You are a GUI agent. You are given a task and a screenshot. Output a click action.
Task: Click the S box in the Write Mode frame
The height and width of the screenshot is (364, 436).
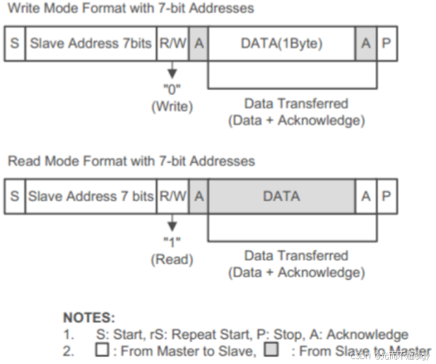click(15, 43)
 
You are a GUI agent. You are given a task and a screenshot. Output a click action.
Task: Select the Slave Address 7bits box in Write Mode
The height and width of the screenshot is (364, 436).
click(90, 43)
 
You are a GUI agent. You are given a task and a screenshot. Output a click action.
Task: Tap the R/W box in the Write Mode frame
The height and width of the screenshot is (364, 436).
click(172, 43)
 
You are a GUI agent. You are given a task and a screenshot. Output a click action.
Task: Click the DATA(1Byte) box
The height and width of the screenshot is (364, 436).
click(281, 43)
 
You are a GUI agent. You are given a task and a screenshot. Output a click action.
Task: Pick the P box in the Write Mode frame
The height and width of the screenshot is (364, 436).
click(387, 43)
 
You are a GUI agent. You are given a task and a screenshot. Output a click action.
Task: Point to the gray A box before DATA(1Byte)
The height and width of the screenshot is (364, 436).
click(199, 43)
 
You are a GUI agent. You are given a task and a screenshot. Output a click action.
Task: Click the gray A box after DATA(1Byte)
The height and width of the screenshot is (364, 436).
click(365, 43)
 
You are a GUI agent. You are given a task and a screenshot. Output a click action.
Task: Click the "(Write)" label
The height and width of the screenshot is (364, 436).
click(172, 107)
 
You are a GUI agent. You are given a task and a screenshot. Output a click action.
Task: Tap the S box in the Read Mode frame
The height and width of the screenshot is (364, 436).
click(15, 196)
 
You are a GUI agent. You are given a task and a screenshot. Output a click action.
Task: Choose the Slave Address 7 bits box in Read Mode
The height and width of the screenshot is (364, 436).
click(90, 196)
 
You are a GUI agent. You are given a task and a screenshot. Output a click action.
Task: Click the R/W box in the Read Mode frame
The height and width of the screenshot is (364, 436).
click(172, 196)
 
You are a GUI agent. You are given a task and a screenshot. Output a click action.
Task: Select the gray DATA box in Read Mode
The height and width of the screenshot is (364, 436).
click(281, 196)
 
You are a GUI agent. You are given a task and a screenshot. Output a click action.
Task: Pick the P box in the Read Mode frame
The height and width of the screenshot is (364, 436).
click(387, 196)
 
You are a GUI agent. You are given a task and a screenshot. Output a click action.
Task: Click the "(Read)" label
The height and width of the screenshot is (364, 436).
click(172, 260)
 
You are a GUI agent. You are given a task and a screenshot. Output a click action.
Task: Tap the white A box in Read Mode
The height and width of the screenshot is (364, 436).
click(365, 196)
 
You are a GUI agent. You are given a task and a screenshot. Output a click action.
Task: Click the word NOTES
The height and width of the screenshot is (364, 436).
click(88, 318)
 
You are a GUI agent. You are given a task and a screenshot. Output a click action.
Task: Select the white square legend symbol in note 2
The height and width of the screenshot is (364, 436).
click(102, 350)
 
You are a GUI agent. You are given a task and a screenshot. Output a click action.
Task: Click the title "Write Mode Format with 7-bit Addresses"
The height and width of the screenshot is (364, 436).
click(131, 8)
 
